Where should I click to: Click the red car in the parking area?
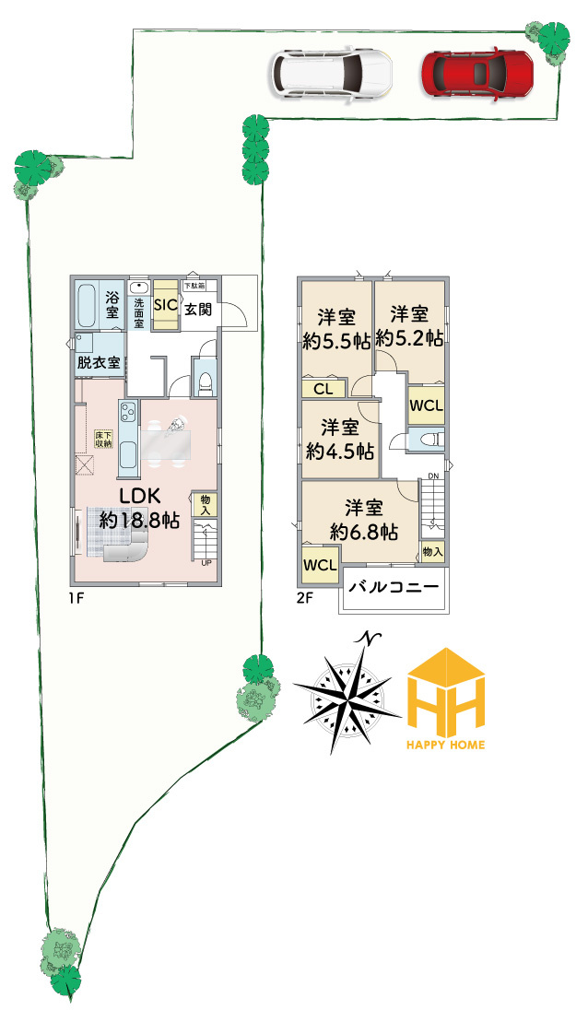pyautogui.click(x=477, y=72)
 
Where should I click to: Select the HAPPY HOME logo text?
pyautogui.click(x=446, y=744)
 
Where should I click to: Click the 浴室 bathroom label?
pyautogui.click(x=112, y=305)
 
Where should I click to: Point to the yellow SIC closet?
pyautogui.click(x=166, y=305)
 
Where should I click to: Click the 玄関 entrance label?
pyautogui.click(x=197, y=309)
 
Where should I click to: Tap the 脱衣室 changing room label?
pyautogui.click(x=99, y=362)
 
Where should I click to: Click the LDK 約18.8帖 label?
pyautogui.click(x=139, y=508)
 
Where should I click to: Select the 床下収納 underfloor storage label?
pyautogui.click(x=103, y=439)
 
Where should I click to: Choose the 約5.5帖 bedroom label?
pyautogui.click(x=336, y=329)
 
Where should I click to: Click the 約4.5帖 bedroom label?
pyautogui.click(x=339, y=440)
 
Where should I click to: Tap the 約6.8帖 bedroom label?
pyautogui.click(x=364, y=520)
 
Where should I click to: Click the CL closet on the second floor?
pyautogui.click(x=323, y=389)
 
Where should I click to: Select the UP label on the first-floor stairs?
pyautogui.click(x=206, y=562)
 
